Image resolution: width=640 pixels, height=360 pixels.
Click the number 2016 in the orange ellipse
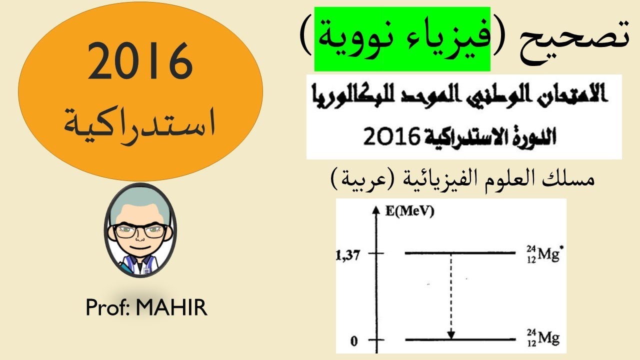pos(140,62)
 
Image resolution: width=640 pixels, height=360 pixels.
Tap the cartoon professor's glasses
pos(140,230)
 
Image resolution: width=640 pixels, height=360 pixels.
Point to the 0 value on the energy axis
pos(354,341)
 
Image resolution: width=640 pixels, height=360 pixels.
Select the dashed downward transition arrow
pos(451,295)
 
